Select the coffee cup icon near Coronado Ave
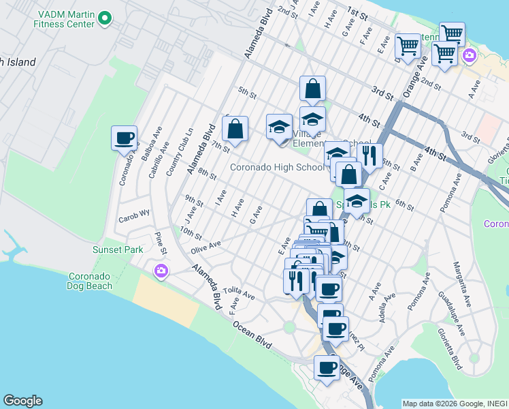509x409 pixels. tap(125, 138)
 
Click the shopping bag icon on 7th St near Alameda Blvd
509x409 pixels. tap(235, 129)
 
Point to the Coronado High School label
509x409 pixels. tap(277, 167)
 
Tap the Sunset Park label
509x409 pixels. tap(118, 249)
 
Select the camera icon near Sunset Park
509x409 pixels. tap(161, 271)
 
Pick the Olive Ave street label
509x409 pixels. tap(206, 247)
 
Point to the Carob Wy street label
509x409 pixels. tap(134, 214)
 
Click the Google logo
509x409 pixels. tap(22, 401)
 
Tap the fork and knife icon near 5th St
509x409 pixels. tap(370, 156)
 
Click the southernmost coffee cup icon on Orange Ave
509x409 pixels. tap(327, 368)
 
